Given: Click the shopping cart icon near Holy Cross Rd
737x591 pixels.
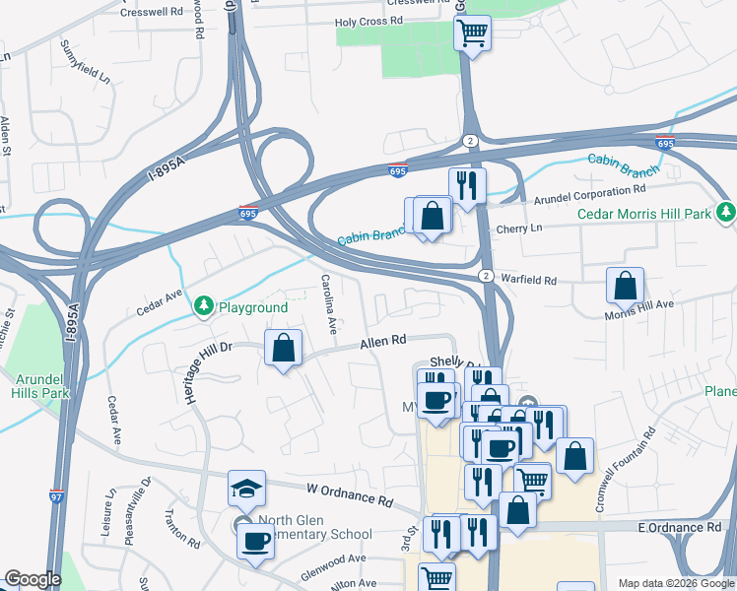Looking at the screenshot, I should pos(472,33).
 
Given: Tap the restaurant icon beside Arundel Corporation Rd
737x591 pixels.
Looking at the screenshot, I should pos(467,184).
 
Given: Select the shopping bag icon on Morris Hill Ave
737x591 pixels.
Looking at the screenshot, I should pos(625,287).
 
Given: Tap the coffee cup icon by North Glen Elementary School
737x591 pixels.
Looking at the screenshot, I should pos(255,540).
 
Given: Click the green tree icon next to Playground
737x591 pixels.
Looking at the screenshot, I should pos(204,307).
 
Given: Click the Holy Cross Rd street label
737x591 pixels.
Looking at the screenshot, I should pos(369,21).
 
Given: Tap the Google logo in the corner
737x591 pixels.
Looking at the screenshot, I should pos(33,579).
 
